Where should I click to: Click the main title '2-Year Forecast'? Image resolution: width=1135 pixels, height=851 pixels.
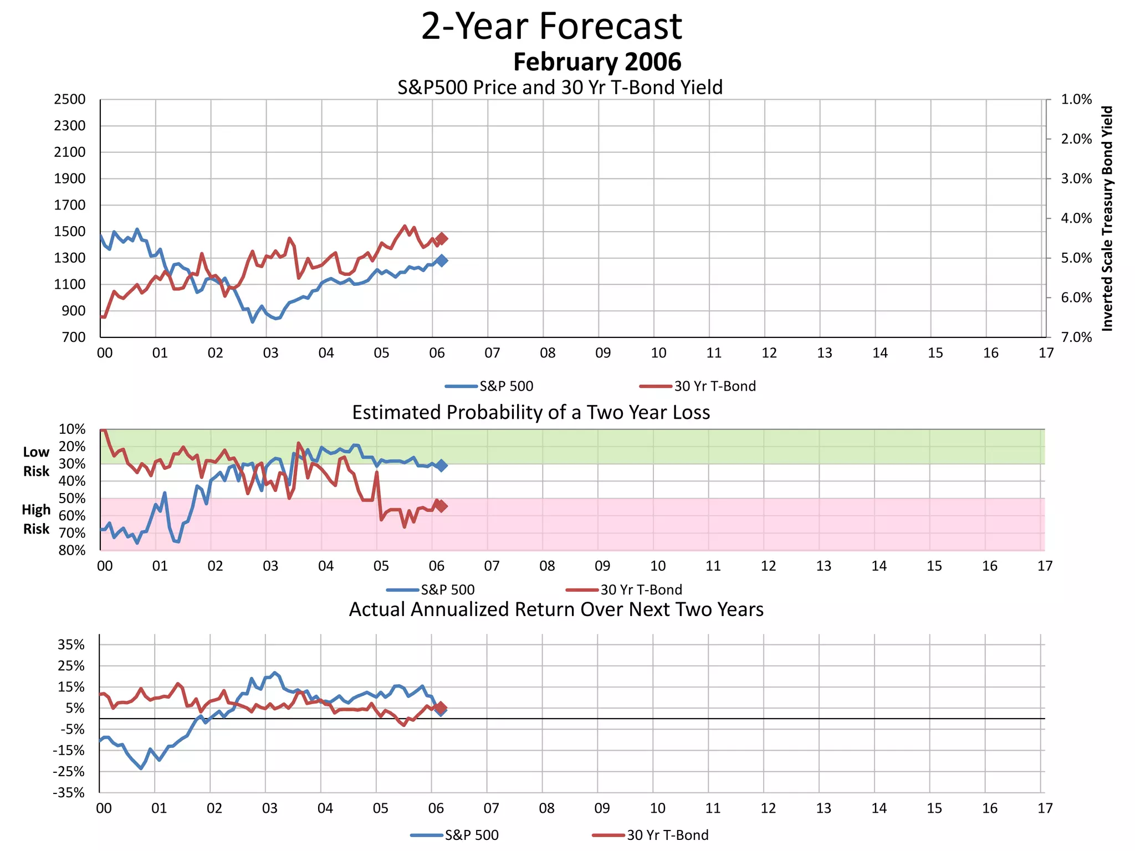pyautogui.click(x=551, y=26)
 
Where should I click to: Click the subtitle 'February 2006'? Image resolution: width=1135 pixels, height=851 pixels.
pyautogui.click(x=597, y=62)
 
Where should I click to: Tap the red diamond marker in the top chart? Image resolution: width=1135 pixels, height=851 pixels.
pyautogui.click(x=442, y=239)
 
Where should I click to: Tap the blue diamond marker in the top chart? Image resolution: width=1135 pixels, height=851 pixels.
pyautogui.click(x=442, y=260)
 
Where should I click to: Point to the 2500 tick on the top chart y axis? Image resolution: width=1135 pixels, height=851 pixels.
pyautogui.click(x=70, y=100)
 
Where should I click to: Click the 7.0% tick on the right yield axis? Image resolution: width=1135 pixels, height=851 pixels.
pyautogui.click(x=1076, y=337)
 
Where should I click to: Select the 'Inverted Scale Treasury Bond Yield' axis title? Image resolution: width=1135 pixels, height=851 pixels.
pyautogui.click(x=1107, y=218)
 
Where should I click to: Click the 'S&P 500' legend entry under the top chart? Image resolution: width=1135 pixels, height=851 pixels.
pyautogui.click(x=505, y=386)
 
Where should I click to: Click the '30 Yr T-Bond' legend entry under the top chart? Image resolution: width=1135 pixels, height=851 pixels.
pyautogui.click(x=714, y=386)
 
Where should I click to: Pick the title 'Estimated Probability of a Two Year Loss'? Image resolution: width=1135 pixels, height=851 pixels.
pyautogui.click(x=531, y=413)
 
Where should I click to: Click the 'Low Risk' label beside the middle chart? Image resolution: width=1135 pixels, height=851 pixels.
pyautogui.click(x=36, y=462)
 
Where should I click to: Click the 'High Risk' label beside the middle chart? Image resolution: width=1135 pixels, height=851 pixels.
pyautogui.click(x=36, y=519)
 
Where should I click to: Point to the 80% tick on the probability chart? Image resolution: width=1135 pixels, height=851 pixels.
pyautogui.click(x=72, y=550)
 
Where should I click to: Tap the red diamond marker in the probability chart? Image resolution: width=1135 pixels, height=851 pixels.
pyautogui.click(x=442, y=506)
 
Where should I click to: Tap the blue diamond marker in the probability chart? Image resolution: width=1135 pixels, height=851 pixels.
pyautogui.click(x=441, y=465)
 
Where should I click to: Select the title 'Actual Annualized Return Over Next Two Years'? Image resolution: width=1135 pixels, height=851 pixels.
pyautogui.click(x=556, y=609)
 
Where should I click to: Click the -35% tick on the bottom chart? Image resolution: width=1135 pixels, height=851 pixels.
pyautogui.click(x=69, y=793)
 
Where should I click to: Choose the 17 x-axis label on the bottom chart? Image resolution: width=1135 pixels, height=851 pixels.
pyautogui.click(x=1045, y=808)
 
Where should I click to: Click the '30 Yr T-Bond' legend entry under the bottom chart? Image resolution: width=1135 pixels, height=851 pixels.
pyautogui.click(x=667, y=835)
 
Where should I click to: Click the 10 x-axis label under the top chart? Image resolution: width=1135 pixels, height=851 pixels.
pyautogui.click(x=658, y=353)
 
